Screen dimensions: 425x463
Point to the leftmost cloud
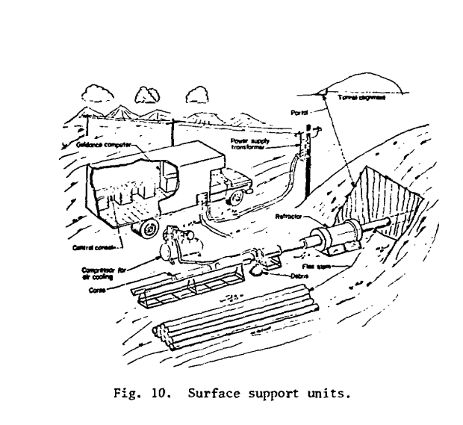pyautogui.click(x=96, y=93)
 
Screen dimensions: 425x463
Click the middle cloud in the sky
pyautogui.click(x=142, y=93)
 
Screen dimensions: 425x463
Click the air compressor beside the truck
pyautogui.click(x=177, y=239)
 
